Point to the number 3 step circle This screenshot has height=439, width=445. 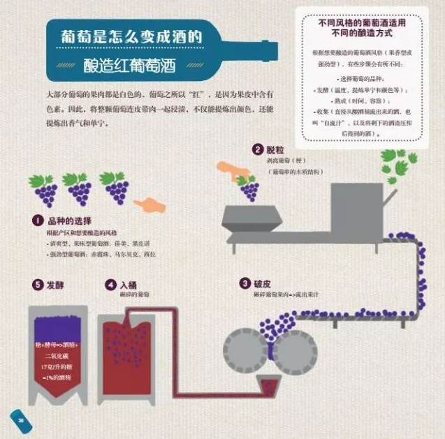(x=245, y=283)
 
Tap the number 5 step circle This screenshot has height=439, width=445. (x=37, y=285)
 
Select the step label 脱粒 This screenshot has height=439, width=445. (x=275, y=149)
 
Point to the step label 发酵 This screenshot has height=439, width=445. (x=55, y=285)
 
